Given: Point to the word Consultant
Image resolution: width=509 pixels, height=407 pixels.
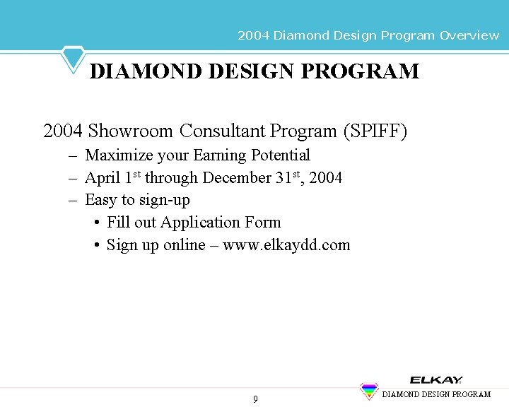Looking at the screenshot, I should [222, 131].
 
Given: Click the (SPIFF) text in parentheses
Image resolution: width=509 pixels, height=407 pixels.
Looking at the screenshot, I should [375, 131].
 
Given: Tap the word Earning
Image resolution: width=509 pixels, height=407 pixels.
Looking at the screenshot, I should [218, 155].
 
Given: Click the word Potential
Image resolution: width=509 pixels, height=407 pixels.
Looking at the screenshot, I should [280, 155].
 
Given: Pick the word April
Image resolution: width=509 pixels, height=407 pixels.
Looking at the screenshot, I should [103, 178].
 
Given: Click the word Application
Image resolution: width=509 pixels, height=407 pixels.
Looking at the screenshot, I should [201, 223].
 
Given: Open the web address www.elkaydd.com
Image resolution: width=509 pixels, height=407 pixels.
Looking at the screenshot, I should [286, 245].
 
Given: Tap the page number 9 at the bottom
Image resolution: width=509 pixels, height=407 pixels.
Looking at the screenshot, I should [255, 399].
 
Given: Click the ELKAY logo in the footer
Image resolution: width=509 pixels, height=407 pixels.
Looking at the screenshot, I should [436, 379].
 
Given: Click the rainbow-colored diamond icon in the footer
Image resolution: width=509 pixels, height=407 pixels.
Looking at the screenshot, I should [369, 391].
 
